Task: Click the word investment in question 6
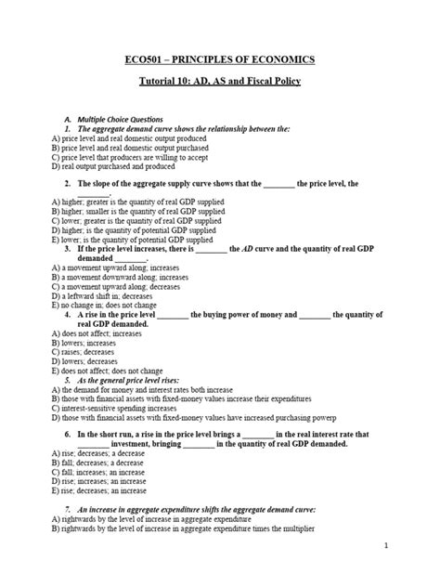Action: [151, 445]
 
